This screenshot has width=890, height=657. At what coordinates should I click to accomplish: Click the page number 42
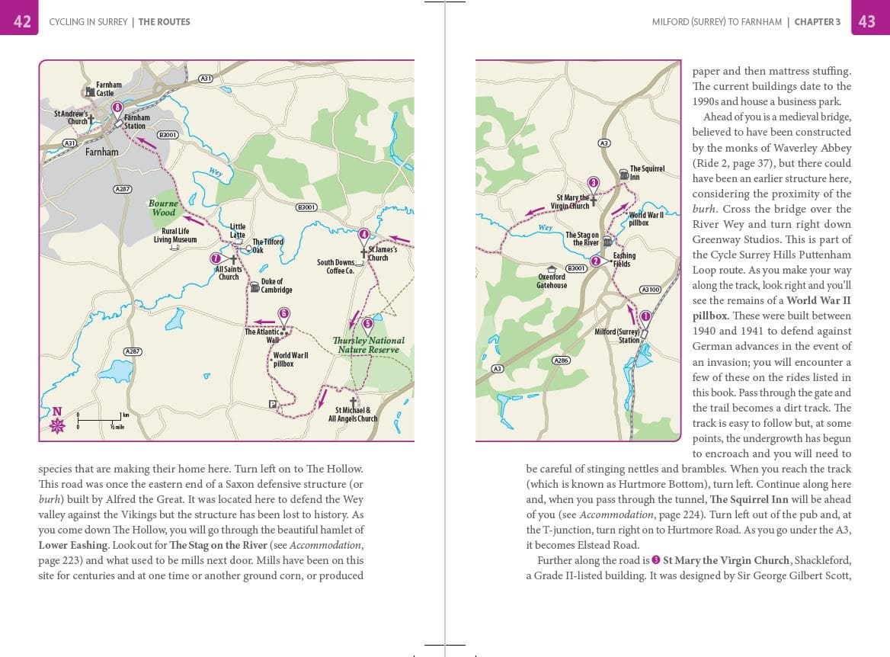coord(22,21)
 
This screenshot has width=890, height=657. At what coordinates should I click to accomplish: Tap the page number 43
coord(867,21)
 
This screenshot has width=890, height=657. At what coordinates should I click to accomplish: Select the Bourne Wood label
coord(164,207)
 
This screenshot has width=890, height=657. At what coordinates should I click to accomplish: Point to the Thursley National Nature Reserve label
coord(369,345)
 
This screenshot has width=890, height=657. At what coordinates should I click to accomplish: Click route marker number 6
coord(284,313)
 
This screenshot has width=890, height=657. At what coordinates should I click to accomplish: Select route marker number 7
coord(216,259)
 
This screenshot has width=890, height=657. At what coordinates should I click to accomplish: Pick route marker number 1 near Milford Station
coord(645,316)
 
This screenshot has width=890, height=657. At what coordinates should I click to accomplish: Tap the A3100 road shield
coord(650,290)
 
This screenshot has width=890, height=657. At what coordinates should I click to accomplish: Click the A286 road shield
coord(561,361)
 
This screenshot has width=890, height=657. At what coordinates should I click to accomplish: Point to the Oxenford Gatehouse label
coord(552,281)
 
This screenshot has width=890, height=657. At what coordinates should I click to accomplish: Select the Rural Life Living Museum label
coord(175,236)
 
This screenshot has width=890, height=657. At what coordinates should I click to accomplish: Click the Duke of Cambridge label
coord(275,286)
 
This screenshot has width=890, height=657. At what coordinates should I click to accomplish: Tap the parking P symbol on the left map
coord(272,404)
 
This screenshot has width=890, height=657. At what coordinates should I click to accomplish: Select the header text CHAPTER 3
coord(817,22)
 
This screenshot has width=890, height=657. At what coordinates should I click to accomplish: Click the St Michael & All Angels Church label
coord(353,415)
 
